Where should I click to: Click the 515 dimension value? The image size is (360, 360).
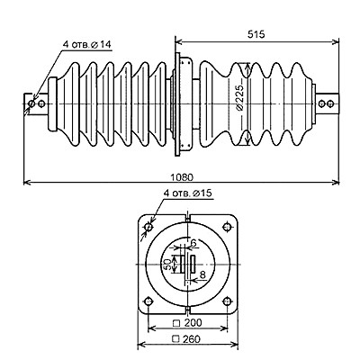[256, 34]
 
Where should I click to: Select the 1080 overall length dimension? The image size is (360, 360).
[182, 177]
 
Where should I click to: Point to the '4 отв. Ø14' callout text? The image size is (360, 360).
[87, 44]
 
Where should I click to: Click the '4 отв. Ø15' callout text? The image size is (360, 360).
[188, 193]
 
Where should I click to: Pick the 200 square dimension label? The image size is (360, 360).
[187, 323]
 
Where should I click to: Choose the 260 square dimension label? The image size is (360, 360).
[186, 339]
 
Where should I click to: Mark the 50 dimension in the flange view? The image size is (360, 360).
[168, 264]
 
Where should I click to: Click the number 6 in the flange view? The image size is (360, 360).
[193, 243]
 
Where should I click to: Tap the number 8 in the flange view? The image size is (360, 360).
[202, 274]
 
